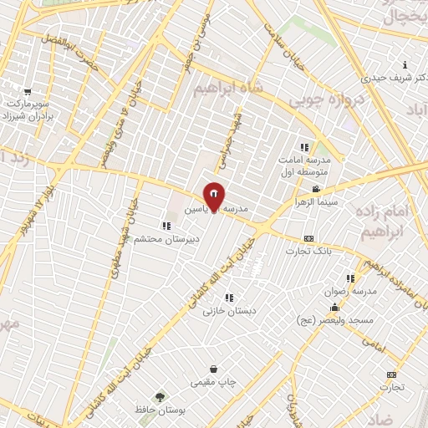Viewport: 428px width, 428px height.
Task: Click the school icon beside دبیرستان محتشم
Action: (x=167, y=226)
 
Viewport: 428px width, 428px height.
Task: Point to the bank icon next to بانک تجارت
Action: (x=308, y=238)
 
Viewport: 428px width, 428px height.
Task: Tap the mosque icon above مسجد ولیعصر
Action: (x=335, y=307)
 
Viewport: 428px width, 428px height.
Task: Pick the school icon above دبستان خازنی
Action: (x=229, y=297)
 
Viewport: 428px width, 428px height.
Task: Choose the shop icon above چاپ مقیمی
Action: (x=214, y=369)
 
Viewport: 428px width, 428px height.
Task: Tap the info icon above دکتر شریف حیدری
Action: (x=405, y=64)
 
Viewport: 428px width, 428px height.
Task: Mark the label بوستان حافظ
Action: (x=134, y=410)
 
